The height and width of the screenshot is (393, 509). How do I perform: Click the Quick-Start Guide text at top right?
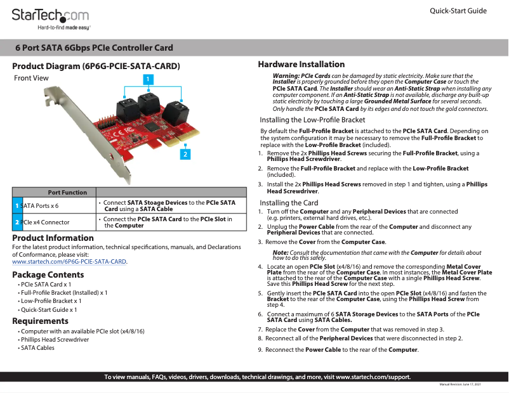click(458, 11)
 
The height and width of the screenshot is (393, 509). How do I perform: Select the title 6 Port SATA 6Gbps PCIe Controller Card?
click(94, 48)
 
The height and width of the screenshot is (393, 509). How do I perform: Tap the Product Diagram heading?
click(96, 66)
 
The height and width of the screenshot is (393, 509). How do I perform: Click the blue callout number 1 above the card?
click(147, 79)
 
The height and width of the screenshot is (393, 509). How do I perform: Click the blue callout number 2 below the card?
click(185, 154)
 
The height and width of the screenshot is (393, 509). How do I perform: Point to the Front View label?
click(31, 79)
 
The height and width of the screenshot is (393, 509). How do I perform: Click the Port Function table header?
click(67, 192)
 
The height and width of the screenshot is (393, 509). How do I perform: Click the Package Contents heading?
click(48, 274)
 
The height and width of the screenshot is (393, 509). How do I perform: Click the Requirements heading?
click(41, 321)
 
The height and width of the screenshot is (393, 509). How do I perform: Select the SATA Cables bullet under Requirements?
click(37, 348)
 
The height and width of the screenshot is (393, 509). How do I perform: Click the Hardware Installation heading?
click(301, 64)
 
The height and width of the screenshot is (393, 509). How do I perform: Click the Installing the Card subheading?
click(289, 203)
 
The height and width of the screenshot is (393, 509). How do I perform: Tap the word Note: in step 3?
click(280, 253)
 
